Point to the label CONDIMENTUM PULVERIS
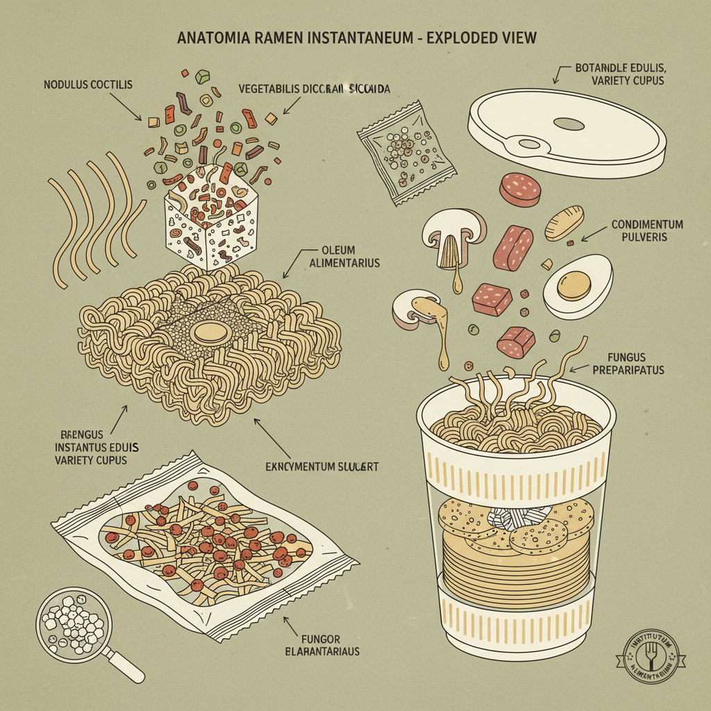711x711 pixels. point(646,231)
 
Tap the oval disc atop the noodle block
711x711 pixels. point(212,332)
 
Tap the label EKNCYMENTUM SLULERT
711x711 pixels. point(321,467)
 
